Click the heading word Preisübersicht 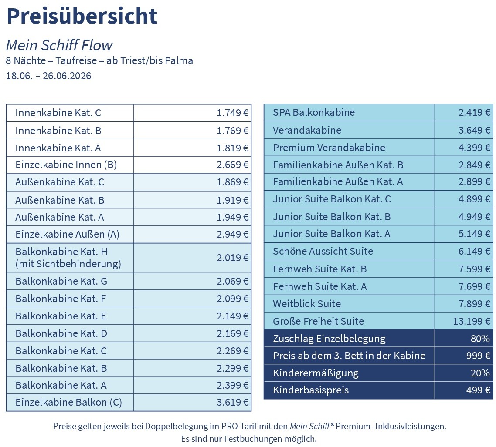(82, 16)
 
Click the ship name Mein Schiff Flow (59, 45)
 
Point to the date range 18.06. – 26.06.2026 (48, 76)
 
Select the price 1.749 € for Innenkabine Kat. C (233, 113)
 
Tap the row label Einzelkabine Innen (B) (66, 165)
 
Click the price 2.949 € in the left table (233, 235)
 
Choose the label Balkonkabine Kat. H (61, 252)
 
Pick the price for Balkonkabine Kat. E (233, 316)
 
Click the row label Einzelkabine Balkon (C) (68, 402)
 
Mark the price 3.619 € (233, 402)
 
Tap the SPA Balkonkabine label (314, 112)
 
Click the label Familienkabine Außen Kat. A (338, 182)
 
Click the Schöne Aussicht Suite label (323, 251)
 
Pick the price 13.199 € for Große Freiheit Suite (472, 321)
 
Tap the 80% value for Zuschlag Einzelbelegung (480, 339)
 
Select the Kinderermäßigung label (316, 373)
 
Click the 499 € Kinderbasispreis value (478, 390)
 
